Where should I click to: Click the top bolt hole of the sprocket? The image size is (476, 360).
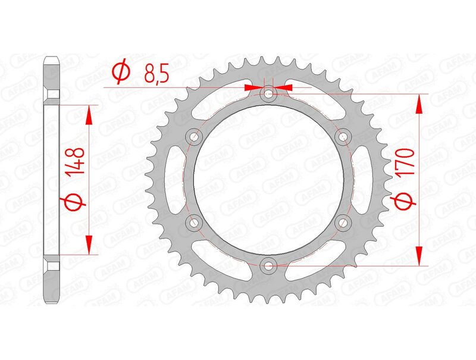coord(268,93)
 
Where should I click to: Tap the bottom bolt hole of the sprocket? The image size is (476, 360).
coord(268,265)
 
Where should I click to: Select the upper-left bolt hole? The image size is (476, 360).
coord(193,137)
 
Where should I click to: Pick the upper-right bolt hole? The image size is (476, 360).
coord(343,137)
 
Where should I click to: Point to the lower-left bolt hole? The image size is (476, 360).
coord(193,223)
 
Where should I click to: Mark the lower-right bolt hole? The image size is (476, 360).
coord(343,223)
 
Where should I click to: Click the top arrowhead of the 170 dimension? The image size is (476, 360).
coord(420,104)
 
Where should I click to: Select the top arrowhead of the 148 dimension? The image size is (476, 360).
coord(89,115)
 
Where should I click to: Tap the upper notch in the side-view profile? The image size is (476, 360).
coord(52,95)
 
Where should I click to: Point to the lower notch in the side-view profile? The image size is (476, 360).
coord(52,265)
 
